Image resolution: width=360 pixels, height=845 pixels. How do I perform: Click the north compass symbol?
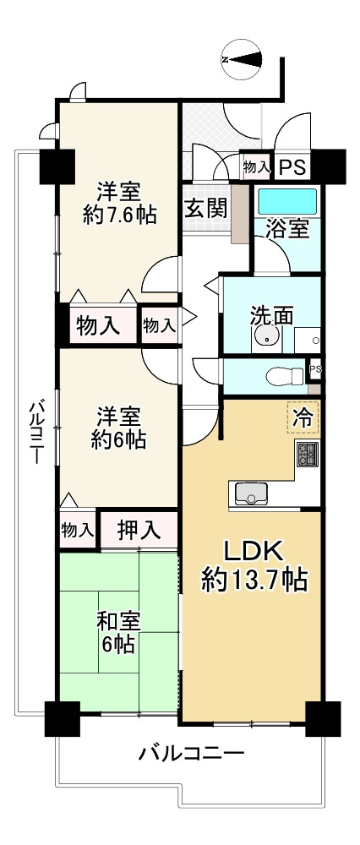pos(242,59)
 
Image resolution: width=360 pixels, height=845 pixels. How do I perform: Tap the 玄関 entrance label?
pos(206,208)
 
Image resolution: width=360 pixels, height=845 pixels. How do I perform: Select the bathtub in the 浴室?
pos(287,202)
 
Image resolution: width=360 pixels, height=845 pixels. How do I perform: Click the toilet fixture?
pos(285,376)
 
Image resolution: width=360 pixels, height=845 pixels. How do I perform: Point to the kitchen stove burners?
pos(308,453)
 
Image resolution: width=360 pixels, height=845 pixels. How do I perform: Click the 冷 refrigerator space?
pos(303,417)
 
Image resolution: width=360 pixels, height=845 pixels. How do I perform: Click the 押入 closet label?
pos(139,531)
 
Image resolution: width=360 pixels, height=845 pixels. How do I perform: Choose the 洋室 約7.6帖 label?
pos(119,203)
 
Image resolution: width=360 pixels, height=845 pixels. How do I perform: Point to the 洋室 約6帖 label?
pos(119,429)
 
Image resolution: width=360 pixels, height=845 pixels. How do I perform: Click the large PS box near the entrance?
pos(291,167)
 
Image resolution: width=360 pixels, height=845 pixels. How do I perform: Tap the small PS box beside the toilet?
pos(314,369)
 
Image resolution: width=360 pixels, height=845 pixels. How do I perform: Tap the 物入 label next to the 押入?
pos(78,531)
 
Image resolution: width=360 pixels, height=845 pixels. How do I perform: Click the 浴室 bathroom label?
pos(287,230)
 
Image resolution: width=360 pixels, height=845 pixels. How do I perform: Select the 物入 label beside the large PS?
pos(256,167)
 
